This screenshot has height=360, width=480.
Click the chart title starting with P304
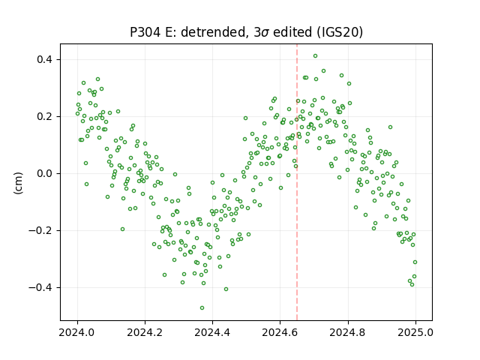pyautogui.click(x=246, y=32)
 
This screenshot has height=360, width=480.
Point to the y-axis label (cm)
pyautogui.click(x=18, y=183)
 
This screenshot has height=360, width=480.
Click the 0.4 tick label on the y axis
pyautogui.click(x=45, y=59)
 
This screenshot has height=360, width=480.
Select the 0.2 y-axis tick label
pyautogui.click(x=45, y=117)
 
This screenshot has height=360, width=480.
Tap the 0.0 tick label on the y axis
pyautogui.click(x=45, y=173)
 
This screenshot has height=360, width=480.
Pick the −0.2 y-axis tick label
pyautogui.click(x=40, y=230)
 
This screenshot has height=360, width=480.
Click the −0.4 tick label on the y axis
pyautogui.click(x=40, y=287)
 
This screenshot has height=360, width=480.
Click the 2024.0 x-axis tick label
pyautogui.click(x=77, y=332)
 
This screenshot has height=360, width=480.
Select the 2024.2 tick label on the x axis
pyautogui.click(x=145, y=332)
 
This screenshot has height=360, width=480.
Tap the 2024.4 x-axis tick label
pyautogui.click(x=212, y=332)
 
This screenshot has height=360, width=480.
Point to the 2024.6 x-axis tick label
pyautogui.click(x=280, y=332)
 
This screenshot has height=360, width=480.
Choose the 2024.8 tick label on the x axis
pyautogui.click(x=348, y=332)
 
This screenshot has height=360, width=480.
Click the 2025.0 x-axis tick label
pyautogui.click(x=415, y=332)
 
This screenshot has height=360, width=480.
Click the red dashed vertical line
pyautogui.click(x=297, y=182)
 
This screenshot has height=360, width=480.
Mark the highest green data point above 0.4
pyautogui.click(x=315, y=55)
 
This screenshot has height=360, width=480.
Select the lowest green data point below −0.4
pyautogui.click(x=202, y=307)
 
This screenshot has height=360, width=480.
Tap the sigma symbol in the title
pyautogui.click(x=265, y=33)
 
